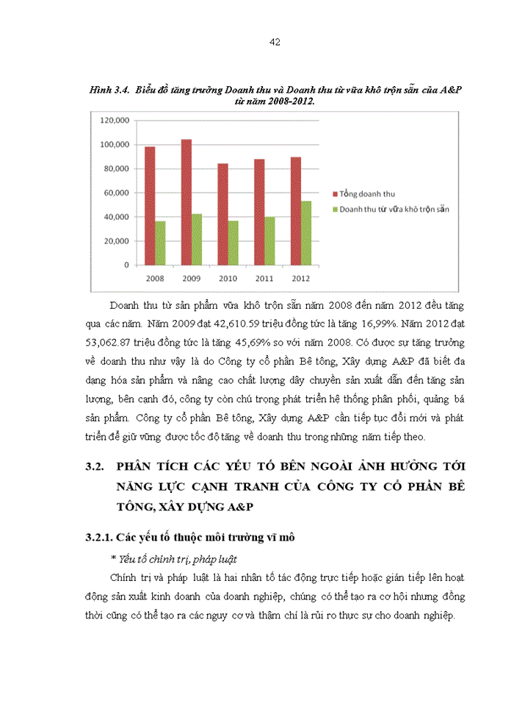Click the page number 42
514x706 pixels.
point(275,42)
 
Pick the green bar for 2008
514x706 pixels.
point(160,242)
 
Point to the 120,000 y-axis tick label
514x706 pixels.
point(115,120)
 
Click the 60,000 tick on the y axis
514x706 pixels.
point(117,193)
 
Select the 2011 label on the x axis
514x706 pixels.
point(264,279)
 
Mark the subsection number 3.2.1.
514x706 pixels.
point(101,538)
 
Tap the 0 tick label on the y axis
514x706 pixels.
point(127,265)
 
